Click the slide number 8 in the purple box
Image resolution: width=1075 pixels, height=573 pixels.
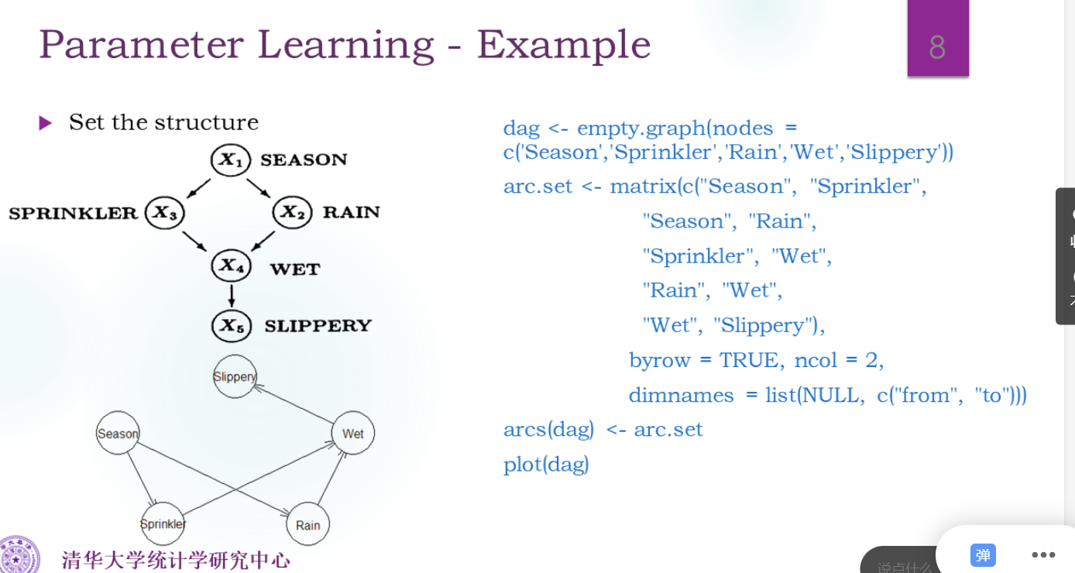coord(937,47)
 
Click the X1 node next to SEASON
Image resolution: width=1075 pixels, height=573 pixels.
coord(231,160)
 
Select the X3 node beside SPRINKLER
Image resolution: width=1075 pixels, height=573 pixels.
coord(164,212)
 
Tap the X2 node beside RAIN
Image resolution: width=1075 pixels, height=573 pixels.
coord(292,212)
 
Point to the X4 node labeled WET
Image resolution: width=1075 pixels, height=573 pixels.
coord(231,266)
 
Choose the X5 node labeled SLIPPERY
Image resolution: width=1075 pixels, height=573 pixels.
coord(231,325)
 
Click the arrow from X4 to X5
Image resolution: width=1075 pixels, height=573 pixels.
coord(231,296)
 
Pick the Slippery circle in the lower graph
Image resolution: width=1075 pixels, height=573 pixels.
coord(235,376)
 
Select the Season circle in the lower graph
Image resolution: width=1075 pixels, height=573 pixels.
coord(118,434)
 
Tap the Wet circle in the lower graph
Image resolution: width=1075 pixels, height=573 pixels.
coord(352,434)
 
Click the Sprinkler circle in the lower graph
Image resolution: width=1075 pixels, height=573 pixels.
coord(163,524)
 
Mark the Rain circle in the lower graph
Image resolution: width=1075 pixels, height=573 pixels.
coord(307,525)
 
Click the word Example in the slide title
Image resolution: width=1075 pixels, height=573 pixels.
coord(563,44)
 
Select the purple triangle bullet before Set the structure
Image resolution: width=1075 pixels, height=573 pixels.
coord(46,123)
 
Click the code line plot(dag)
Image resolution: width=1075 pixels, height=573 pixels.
coord(546,465)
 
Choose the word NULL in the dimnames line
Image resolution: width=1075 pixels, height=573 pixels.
coord(830,395)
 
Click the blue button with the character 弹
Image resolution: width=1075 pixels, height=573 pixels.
coord(983,554)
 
